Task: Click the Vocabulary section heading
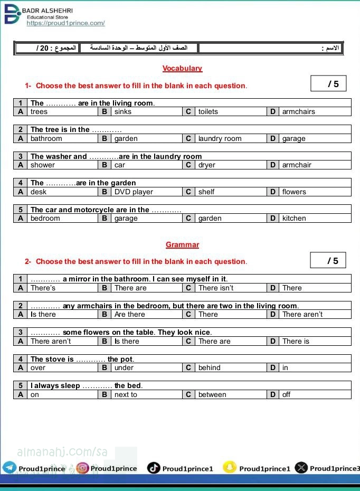pos(182,68)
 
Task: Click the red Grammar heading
pos(182,244)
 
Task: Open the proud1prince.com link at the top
pos(65,23)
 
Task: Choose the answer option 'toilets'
pos(208,111)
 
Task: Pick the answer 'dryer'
pos(206,165)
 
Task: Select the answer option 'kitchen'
pos(294,218)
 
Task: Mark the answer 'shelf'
pos(206,192)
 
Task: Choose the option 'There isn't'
pos(216,288)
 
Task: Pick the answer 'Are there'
pos(129,314)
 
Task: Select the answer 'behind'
pos(210,367)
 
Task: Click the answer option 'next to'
pos(126,394)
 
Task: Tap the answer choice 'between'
pos(212,394)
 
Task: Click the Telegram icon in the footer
pos(10,468)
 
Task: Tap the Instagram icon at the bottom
pos(82,468)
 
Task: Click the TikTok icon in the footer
pos(154,468)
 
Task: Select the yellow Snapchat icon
pos(229,467)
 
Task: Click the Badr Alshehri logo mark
pos(12,15)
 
